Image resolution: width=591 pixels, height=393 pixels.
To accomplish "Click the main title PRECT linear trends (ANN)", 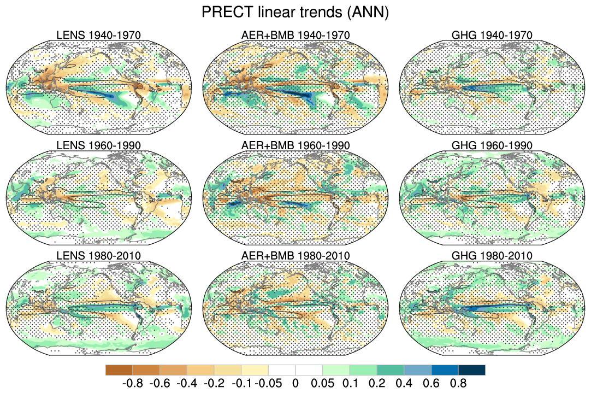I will click(295, 13).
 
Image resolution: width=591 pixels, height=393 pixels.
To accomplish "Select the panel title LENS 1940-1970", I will click(99, 36).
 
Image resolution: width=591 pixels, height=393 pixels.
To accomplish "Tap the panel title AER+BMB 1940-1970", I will click(295, 36).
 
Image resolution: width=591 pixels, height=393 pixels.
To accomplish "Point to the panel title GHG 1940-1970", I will click(492, 36).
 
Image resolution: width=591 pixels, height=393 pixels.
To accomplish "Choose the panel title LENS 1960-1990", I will click(99, 145).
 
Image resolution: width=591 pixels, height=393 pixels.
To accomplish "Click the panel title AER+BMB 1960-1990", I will click(295, 145).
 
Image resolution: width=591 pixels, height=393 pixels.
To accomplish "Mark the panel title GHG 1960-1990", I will click(492, 145).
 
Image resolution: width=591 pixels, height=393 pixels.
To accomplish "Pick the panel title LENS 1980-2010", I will click(99, 255).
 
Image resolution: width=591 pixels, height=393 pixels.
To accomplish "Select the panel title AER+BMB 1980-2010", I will click(295, 255).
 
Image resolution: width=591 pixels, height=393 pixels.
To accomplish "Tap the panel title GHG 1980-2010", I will click(492, 255).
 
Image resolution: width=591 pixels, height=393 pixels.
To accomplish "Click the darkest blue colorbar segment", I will click(471, 370).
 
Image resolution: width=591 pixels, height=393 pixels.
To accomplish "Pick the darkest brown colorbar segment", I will click(119, 370).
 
